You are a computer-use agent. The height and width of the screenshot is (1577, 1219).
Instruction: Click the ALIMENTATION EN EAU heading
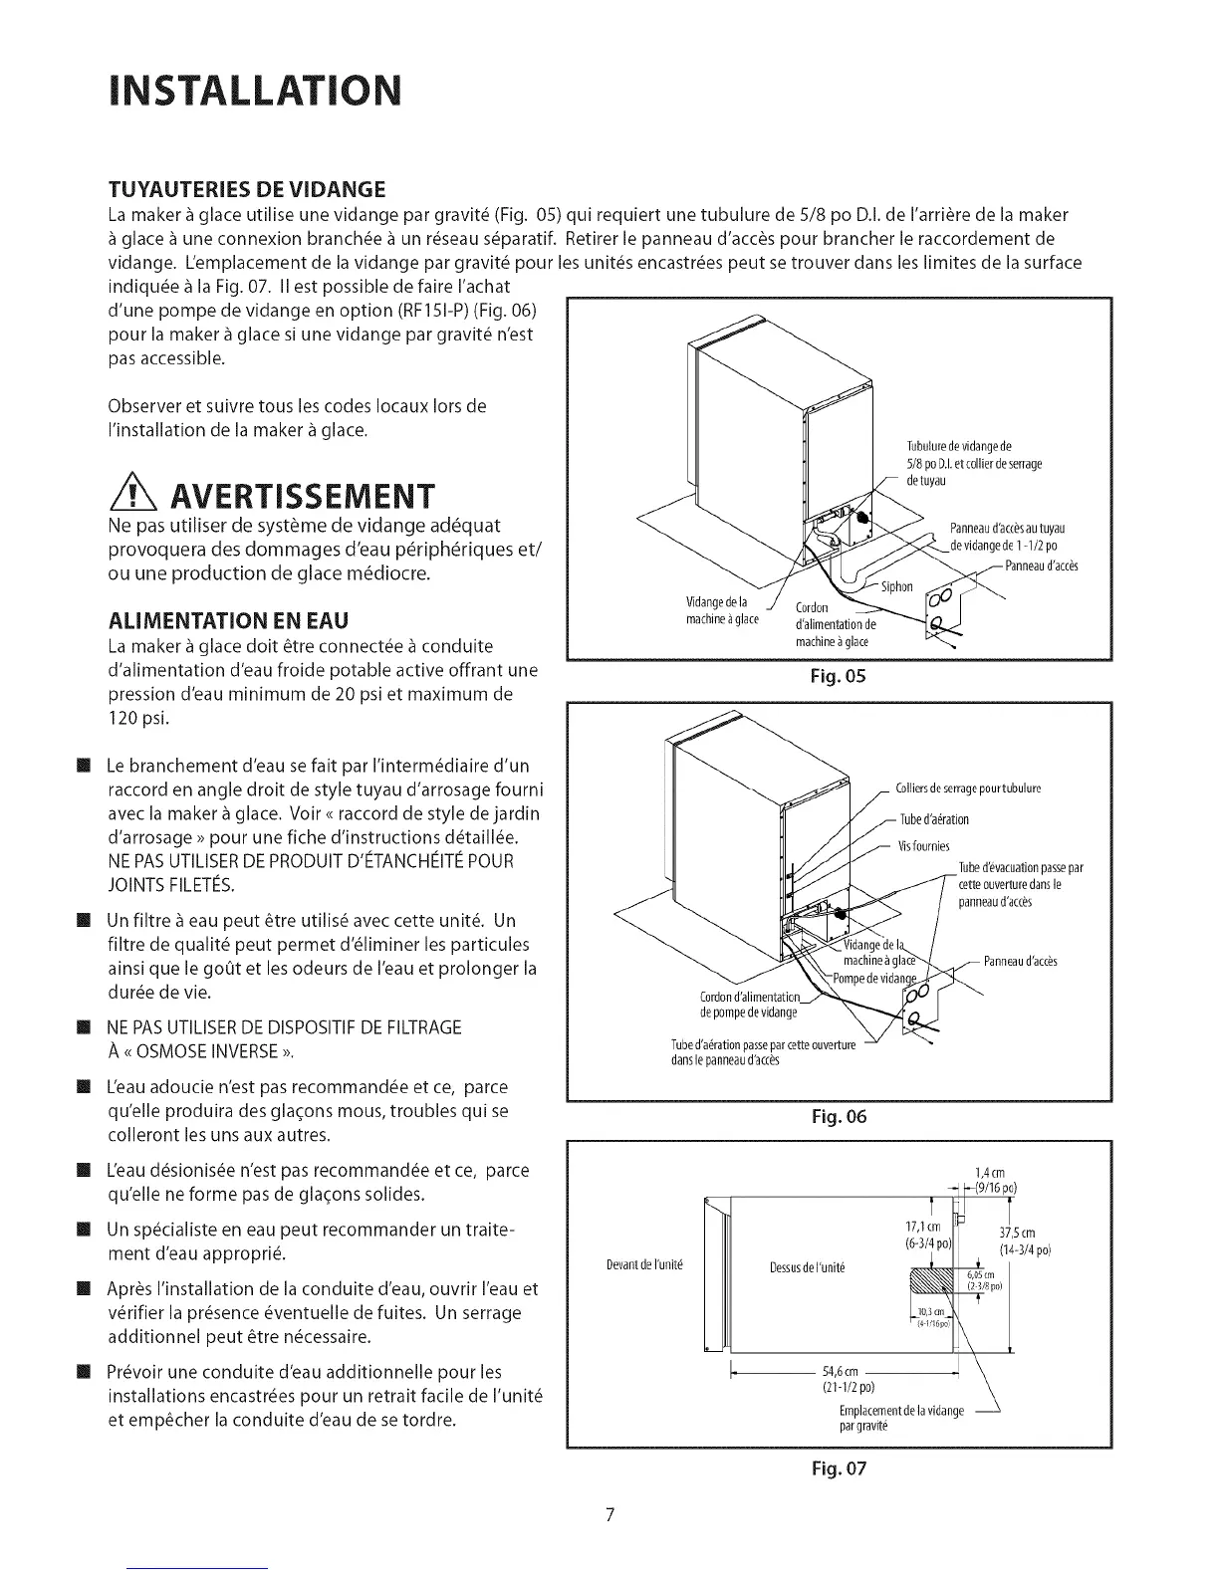227,621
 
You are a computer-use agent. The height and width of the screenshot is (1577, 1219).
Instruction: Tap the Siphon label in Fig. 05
896,586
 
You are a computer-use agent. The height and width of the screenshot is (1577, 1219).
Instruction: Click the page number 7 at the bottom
610,1516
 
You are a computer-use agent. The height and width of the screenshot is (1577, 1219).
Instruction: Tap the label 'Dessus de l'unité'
807,1267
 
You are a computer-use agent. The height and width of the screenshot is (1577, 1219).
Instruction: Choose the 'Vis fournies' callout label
923,846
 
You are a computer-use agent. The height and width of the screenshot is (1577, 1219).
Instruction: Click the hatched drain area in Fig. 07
933,1283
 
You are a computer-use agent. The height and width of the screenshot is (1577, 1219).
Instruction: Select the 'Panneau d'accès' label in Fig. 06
1020,961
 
